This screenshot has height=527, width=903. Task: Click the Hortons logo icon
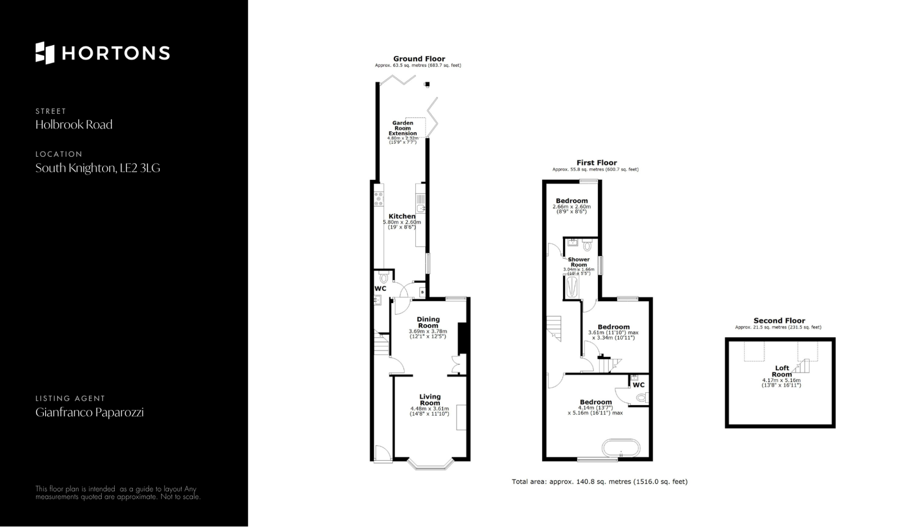tap(45, 53)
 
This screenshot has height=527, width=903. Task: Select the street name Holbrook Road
tap(74, 125)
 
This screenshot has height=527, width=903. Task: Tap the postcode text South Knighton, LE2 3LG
tap(98, 168)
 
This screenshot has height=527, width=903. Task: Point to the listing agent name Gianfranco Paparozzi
tap(89, 413)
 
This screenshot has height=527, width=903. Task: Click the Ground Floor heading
tap(419, 59)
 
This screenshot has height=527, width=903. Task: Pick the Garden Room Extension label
tap(403, 128)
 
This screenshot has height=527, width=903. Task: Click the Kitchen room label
tap(402, 216)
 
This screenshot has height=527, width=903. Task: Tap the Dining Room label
tap(428, 322)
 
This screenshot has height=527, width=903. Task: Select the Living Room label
tap(430, 399)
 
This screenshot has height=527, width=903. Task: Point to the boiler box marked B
tap(422, 292)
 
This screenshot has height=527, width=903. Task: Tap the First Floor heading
tap(596, 163)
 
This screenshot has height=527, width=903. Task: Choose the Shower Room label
tap(578, 262)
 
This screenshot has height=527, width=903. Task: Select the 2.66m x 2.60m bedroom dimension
tap(571, 207)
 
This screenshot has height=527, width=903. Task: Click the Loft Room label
tap(782, 371)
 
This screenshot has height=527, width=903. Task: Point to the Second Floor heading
tap(779, 320)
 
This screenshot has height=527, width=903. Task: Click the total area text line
tap(600, 481)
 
